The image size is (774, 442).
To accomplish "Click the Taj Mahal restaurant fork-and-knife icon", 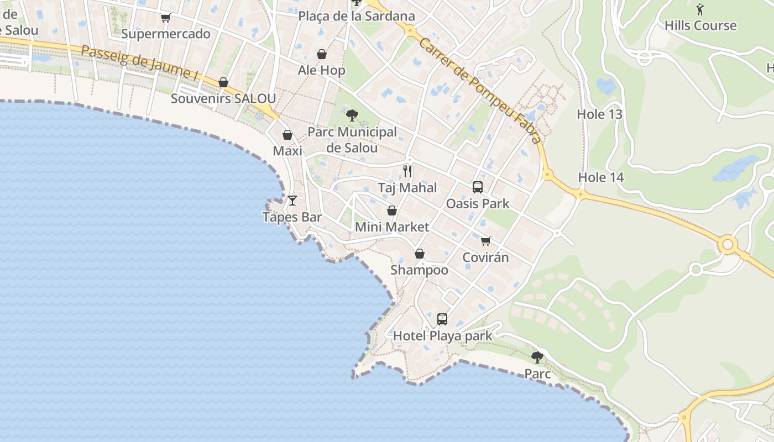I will [x=407, y=171].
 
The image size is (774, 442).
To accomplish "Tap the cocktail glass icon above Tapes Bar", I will [x=292, y=200].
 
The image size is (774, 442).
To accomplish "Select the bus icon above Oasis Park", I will [x=478, y=187].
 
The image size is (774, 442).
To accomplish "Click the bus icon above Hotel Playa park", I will [x=442, y=319].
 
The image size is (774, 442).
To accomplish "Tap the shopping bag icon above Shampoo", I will [x=420, y=254].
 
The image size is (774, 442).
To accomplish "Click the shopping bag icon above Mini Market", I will [x=392, y=211].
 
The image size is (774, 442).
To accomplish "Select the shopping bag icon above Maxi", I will [x=287, y=135].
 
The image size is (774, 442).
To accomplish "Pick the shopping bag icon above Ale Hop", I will [x=322, y=54].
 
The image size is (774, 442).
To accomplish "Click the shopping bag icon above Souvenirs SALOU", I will [x=223, y=83].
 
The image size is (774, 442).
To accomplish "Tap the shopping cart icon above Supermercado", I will [x=165, y=18].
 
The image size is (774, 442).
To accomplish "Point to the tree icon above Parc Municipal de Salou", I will [x=352, y=115].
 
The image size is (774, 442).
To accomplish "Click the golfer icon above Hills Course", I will [x=700, y=9].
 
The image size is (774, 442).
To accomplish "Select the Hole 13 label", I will [x=599, y=114].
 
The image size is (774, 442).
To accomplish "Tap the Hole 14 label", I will [x=601, y=177].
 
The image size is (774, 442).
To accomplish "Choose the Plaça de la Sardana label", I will [x=357, y=16].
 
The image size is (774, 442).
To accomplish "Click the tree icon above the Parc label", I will [x=537, y=357].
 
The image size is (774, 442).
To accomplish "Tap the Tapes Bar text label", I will [x=292, y=217].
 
